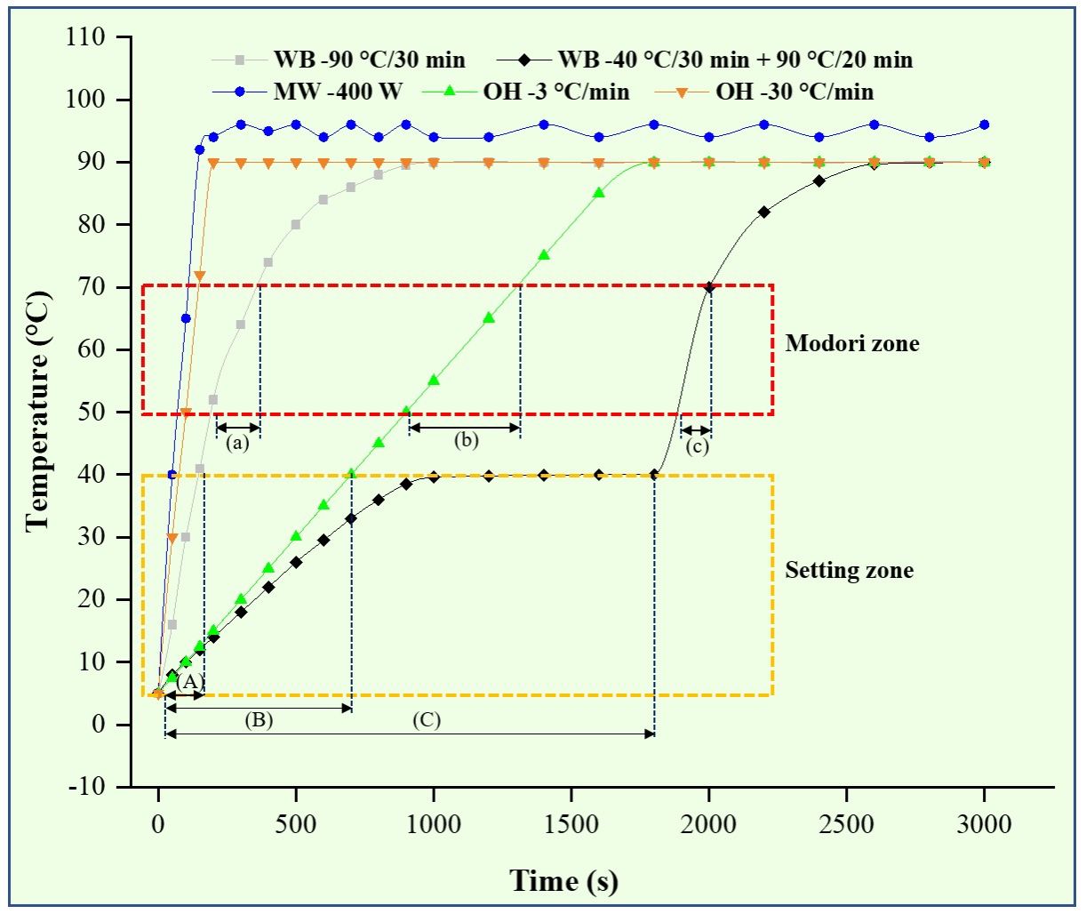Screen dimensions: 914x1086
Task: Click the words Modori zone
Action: [x=851, y=343]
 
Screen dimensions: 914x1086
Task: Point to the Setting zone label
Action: [x=849, y=570]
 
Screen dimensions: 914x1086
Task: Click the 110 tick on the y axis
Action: [x=86, y=37]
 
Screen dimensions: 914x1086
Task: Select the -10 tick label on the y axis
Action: [x=85, y=787]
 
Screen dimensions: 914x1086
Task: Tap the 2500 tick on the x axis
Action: [x=847, y=824]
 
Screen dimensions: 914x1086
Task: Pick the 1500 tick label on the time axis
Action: [x=571, y=824]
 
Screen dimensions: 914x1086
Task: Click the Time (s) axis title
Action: [x=563, y=881]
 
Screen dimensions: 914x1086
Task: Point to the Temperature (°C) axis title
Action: [x=37, y=411]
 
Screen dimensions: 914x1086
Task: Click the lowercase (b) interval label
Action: [x=466, y=440]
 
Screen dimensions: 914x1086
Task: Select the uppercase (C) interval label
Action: [x=427, y=720]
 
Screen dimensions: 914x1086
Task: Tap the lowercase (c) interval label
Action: [x=697, y=446]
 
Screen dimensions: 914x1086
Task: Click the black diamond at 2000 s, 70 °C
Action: [x=709, y=287]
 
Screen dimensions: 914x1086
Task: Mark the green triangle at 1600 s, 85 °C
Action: [x=599, y=193]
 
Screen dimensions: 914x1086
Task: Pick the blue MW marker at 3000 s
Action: [x=984, y=125]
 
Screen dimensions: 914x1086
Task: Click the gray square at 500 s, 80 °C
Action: [x=296, y=225]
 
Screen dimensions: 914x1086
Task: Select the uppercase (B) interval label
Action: [x=259, y=720]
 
